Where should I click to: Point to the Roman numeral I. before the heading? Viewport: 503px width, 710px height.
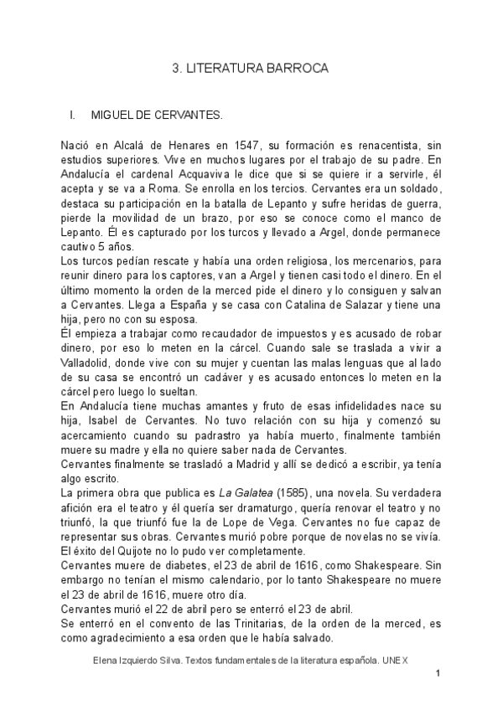coord(74,112)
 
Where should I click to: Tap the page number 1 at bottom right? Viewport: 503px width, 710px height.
coord(438,674)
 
